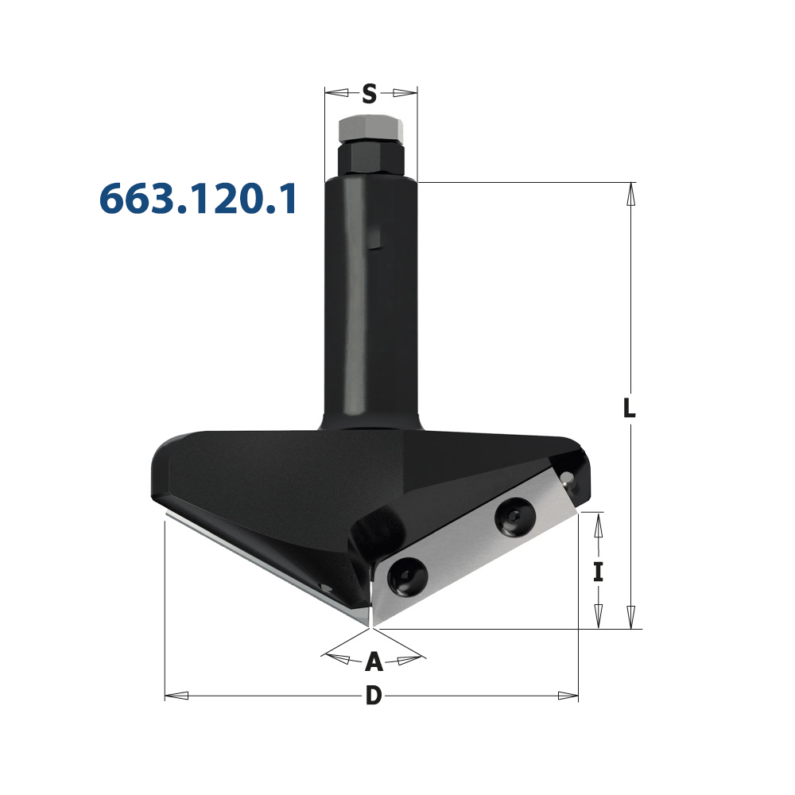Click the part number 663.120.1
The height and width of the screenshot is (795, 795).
[198, 199]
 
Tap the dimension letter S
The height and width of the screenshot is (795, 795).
[370, 94]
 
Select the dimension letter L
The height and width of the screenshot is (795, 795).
[629, 408]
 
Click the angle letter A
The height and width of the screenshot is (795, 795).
[374, 661]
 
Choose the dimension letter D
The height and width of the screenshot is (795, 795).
[374, 696]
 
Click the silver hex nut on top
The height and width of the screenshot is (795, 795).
[370, 130]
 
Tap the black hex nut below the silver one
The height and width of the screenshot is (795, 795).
[370, 158]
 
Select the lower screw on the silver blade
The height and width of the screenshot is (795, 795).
[407, 577]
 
